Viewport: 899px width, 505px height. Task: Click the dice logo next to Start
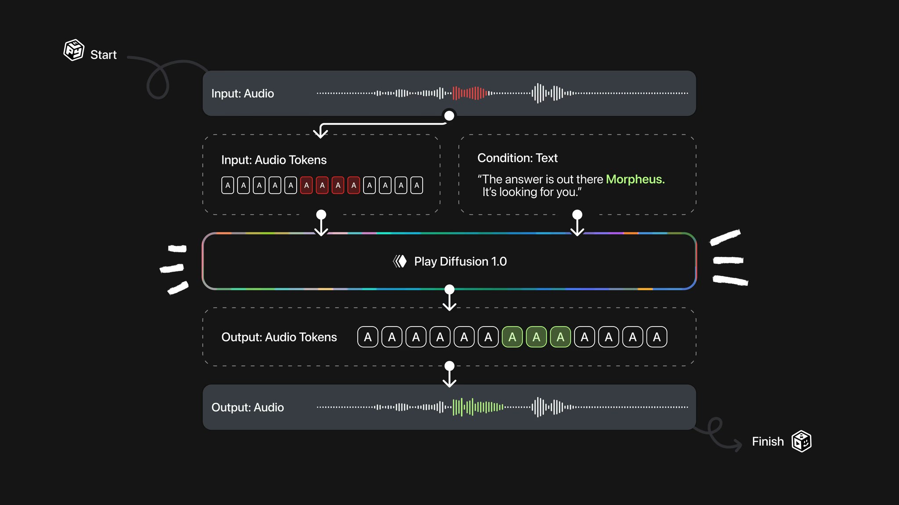click(74, 50)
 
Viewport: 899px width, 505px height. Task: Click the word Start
click(104, 55)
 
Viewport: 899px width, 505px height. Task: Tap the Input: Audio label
click(242, 93)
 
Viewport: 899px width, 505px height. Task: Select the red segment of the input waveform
click(470, 93)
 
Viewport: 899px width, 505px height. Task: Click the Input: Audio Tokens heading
click(274, 160)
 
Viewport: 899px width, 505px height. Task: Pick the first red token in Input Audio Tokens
click(306, 185)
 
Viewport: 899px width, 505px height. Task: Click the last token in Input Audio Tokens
click(417, 185)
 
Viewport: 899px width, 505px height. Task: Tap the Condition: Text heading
click(517, 158)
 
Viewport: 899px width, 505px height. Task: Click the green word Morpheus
click(635, 179)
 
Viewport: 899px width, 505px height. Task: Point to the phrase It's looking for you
click(532, 192)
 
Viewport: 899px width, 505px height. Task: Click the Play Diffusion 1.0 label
click(460, 261)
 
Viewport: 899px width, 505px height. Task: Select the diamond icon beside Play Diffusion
click(400, 261)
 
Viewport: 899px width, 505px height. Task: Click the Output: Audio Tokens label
click(279, 337)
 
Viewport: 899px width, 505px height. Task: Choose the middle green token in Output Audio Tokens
click(536, 337)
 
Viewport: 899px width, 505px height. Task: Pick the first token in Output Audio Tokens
click(368, 337)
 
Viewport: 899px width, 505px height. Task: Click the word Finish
click(767, 441)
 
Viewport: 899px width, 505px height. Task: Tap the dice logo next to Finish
click(801, 441)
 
